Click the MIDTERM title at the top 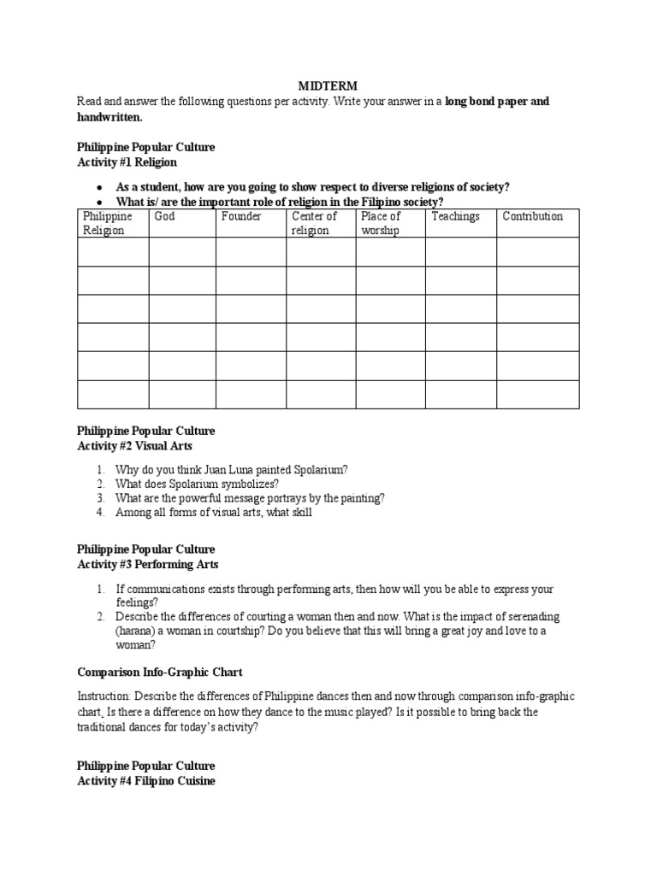328,86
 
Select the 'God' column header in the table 164,216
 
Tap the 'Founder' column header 240,216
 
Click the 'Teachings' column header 455,216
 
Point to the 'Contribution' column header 532,216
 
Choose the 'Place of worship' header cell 381,223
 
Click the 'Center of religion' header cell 315,223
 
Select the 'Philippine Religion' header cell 107,223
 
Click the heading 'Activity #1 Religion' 127,161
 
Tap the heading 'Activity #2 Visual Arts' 134,445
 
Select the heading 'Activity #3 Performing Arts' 147,564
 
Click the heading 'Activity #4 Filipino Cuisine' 145,780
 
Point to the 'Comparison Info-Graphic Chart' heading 154,672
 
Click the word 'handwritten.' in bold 111,116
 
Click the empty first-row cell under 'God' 181,252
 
